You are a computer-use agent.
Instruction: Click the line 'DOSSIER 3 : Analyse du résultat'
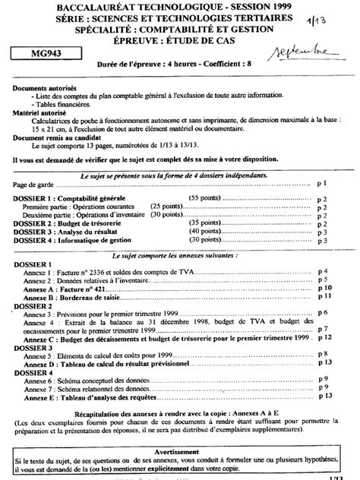click(x=71, y=231)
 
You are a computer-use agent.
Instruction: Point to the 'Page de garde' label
click(x=36, y=184)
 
